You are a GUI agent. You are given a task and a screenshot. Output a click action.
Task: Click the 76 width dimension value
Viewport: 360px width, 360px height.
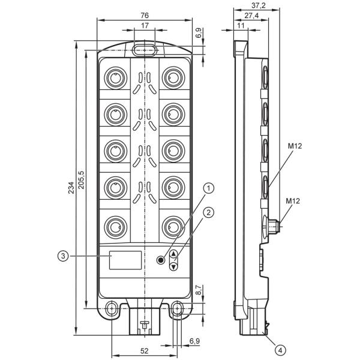pyautogui.click(x=145, y=16)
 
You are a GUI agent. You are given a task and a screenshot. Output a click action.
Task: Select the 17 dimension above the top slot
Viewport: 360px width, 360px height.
pyautogui.click(x=145, y=25)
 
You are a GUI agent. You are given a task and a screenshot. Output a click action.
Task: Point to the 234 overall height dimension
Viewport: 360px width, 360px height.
pyautogui.click(x=71, y=188)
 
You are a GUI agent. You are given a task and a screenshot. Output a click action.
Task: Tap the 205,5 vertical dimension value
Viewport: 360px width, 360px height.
pyautogui.click(x=81, y=180)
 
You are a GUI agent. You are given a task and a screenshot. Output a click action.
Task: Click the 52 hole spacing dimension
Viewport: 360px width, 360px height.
pyautogui.click(x=144, y=350)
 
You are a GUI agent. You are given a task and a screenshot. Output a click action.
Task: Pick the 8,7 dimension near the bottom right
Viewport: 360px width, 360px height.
pyautogui.click(x=199, y=290)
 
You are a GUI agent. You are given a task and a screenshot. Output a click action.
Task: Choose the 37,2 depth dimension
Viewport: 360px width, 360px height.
pyautogui.click(x=258, y=5)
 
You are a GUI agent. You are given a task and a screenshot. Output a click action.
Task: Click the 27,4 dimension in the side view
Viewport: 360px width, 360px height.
pyautogui.click(x=251, y=16)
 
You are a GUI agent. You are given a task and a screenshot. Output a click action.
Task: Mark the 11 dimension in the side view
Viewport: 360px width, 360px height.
pyautogui.click(x=241, y=25)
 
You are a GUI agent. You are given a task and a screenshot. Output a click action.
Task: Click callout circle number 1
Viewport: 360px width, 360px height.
pyautogui.click(x=208, y=188)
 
